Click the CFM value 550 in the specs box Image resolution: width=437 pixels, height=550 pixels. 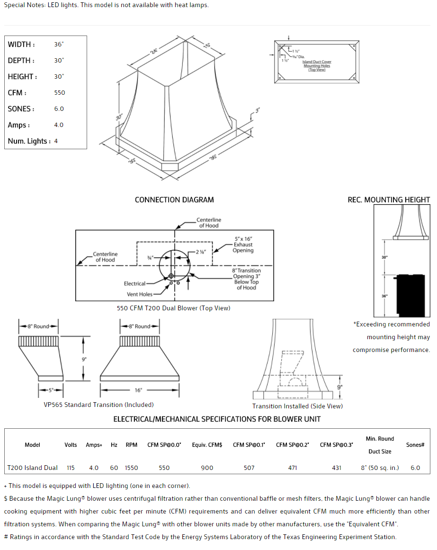60,93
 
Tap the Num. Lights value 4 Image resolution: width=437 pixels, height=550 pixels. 56,141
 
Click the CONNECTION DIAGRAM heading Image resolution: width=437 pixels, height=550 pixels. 174,200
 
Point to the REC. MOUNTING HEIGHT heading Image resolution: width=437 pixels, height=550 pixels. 389,200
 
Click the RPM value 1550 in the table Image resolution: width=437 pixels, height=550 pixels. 132,468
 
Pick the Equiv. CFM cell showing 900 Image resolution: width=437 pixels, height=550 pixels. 207,468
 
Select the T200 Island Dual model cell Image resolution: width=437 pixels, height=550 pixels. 32,468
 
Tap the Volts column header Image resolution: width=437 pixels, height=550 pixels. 71,445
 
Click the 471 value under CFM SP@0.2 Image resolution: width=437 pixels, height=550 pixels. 293,468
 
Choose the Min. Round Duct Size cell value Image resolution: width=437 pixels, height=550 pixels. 380,468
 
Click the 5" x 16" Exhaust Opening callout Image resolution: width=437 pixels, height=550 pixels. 243,244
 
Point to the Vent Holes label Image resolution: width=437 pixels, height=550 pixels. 139,294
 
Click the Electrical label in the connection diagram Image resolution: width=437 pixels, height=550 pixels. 134,284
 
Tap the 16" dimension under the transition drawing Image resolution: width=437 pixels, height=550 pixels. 138,390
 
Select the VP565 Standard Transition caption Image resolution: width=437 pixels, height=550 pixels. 98,405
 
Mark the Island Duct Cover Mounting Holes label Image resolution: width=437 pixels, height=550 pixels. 317,65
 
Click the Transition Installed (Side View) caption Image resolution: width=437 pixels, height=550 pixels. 297,406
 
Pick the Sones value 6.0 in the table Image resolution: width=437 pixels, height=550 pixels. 415,468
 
